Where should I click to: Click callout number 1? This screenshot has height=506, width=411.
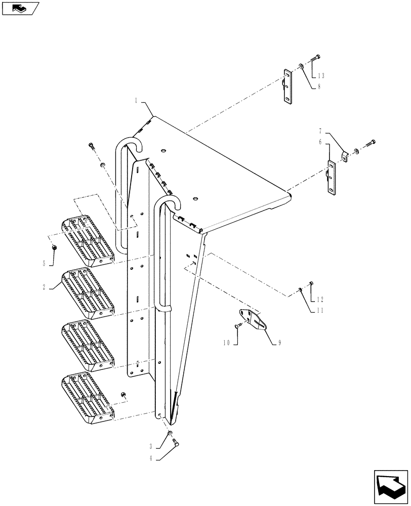(x=136, y=101)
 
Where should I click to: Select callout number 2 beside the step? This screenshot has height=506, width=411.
(x=45, y=286)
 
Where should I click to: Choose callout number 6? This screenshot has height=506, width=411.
(x=320, y=143)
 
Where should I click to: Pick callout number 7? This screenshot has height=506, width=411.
(x=320, y=131)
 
